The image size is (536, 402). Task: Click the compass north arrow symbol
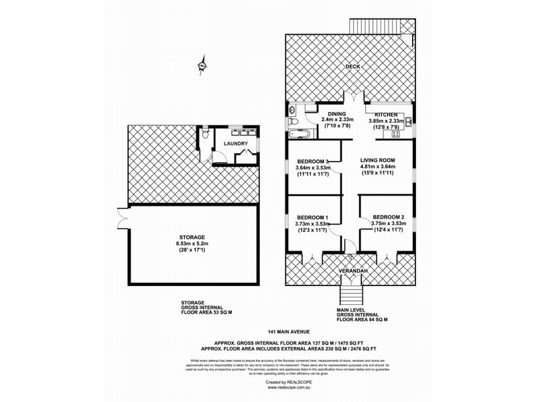pyautogui.click(x=201, y=66)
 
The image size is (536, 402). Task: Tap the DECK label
pyautogui.click(x=353, y=67)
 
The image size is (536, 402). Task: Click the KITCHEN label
pyautogui.click(x=387, y=115)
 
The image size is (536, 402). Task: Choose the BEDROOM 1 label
pyautogui.click(x=313, y=217)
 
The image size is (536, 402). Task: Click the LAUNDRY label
pyautogui.click(x=236, y=143)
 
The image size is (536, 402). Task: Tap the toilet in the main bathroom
pyautogui.click(x=293, y=122)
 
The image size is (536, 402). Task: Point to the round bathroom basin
pyautogui.click(x=293, y=110)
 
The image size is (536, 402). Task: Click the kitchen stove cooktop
pyautogui.click(x=395, y=133)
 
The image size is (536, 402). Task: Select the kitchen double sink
pyautogui.click(x=407, y=123)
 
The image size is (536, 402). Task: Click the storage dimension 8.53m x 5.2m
pyautogui.click(x=191, y=244)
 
